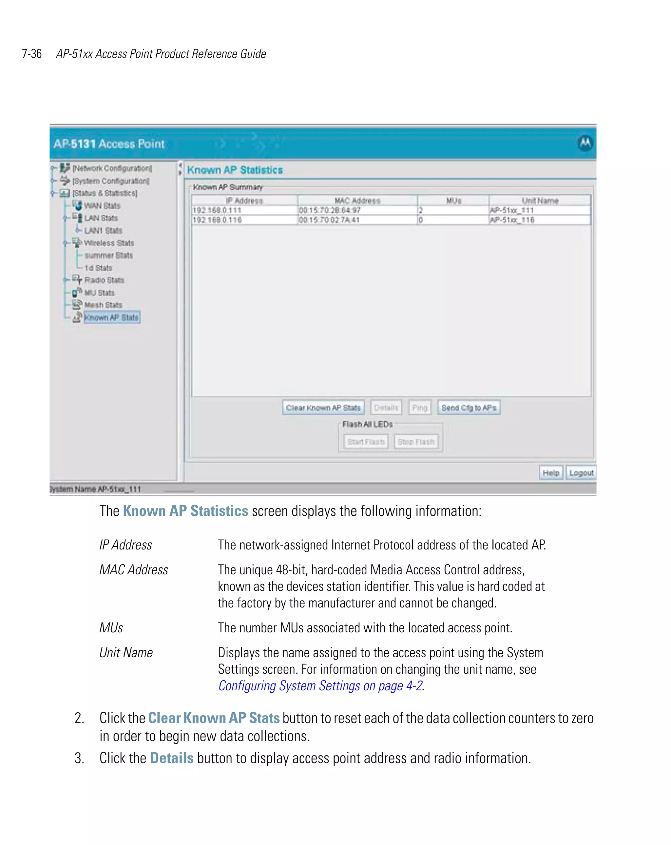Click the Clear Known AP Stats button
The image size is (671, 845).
point(323,408)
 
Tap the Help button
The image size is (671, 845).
point(550,473)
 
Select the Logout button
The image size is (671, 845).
point(581,473)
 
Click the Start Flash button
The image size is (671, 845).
point(365,442)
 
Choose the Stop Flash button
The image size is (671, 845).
point(416,442)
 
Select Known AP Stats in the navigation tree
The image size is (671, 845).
point(112,317)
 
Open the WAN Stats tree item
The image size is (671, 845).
point(102,206)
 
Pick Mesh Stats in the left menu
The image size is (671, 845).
point(104,305)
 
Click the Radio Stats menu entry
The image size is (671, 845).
point(104,280)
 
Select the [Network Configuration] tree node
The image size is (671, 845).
point(112,168)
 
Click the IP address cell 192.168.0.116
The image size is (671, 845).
point(217,220)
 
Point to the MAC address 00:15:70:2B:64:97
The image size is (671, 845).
point(329,210)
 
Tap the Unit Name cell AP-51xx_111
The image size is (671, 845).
point(511,210)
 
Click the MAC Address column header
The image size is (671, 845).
point(357,201)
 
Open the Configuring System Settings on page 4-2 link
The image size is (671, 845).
point(320,686)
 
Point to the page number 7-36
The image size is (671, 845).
point(32,54)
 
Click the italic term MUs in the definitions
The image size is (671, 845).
point(111,628)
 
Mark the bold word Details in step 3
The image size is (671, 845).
point(172,758)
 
